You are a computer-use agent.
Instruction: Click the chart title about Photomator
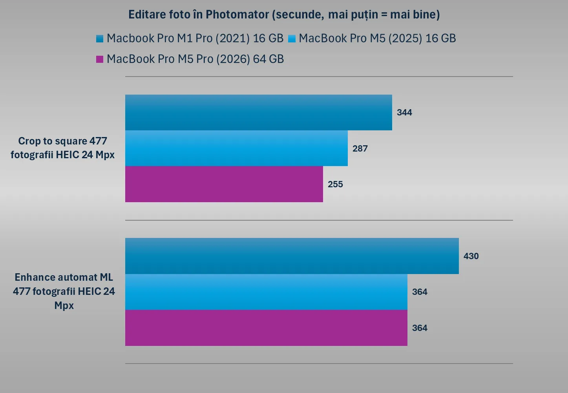(284, 15)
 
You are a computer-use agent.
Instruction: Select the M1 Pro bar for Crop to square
(258, 112)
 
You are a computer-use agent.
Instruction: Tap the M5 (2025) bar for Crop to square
(236, 148)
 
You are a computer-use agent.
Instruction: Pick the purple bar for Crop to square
(224, 184)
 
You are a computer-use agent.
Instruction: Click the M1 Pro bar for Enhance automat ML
(292, 256)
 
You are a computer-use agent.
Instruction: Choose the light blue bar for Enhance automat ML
(266, 292)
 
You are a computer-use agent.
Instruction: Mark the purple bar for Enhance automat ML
(266, 328)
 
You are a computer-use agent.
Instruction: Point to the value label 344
(404, 113)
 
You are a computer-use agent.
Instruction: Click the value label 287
(360, 148)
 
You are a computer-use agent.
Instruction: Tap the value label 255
(335, 184)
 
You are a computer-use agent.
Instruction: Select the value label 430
(471, 256)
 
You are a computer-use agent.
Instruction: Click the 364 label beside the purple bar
(420, 328)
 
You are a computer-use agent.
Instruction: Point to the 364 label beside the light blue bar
(420, 292)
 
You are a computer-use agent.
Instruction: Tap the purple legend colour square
(100, 59)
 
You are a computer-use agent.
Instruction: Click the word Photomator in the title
(237, 15)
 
